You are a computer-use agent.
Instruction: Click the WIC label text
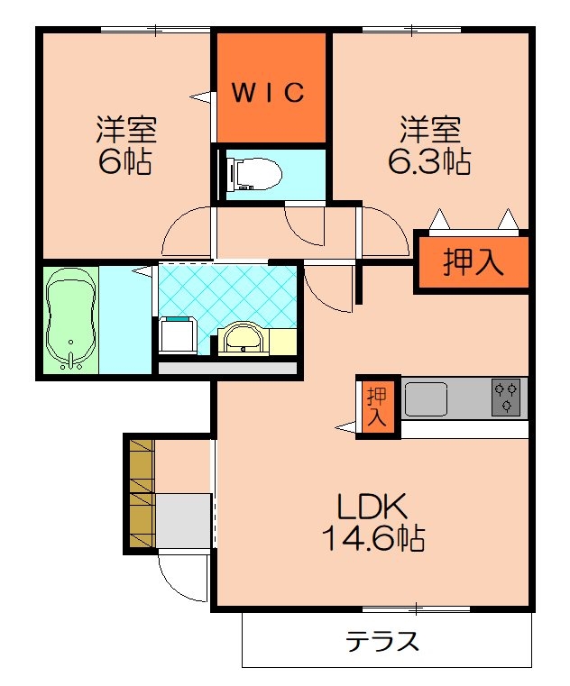(271, 93)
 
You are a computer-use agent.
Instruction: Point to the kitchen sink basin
(427, 398)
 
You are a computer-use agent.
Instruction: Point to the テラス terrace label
(382, 642)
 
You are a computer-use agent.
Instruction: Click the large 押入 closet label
(472, 263)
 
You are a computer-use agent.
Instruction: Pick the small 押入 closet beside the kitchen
(377, 407)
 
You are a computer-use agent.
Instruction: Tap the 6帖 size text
(125, 163)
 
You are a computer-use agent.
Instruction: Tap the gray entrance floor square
(184, 521)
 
